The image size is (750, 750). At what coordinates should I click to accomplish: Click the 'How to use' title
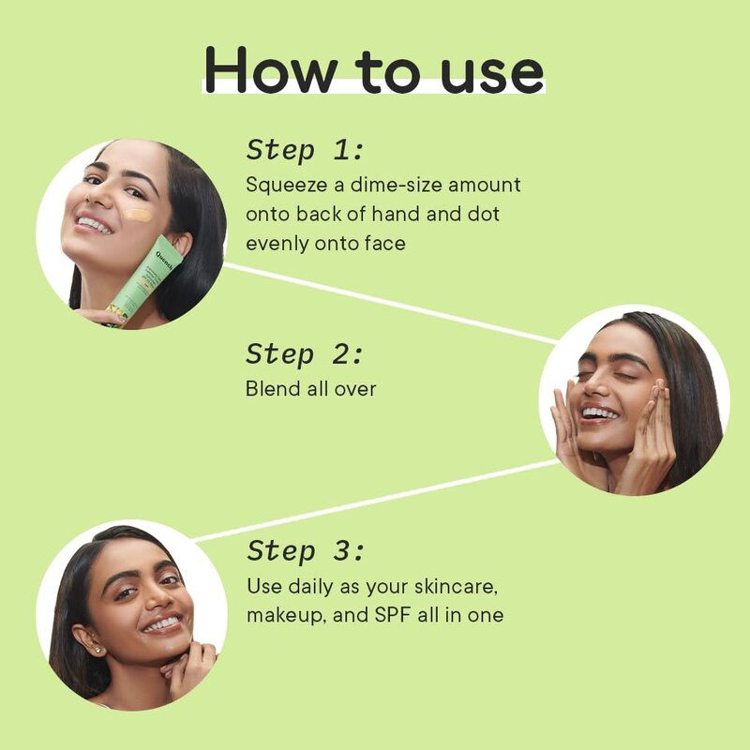coord(374,69)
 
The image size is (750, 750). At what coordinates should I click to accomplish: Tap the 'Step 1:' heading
coord(305,150)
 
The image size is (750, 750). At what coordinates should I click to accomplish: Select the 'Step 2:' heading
coord(305,354)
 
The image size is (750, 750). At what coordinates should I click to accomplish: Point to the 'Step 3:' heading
coord(306,550)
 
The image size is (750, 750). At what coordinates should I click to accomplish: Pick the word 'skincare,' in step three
coord(456,587)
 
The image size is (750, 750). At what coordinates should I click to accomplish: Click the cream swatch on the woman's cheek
coord(137,216)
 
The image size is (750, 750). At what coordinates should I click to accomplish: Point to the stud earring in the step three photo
coord(98,650)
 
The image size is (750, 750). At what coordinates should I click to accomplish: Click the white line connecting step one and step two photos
coord(391,303)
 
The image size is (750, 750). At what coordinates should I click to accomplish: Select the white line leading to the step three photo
coord(376,501)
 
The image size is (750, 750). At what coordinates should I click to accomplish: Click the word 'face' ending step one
coord(385,244)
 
